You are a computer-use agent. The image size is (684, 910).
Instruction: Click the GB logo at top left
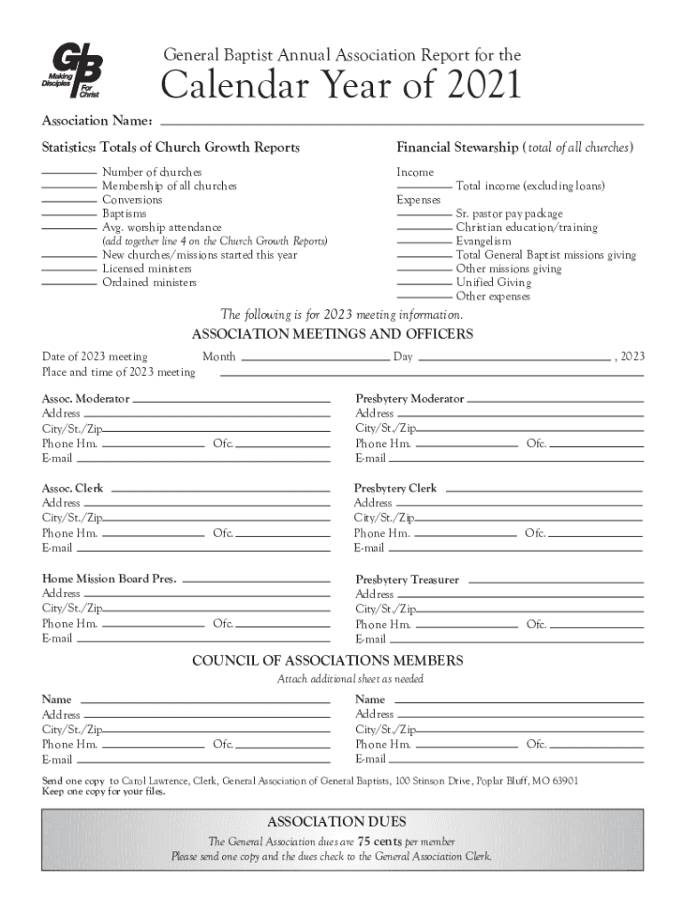click(x=73, y=73)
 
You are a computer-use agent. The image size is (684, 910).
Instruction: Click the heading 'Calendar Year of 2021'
click(x=339, y=87)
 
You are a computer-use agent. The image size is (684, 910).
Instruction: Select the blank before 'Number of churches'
click(x=69, y=172)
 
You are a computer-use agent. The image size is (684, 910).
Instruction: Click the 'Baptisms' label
click(x=124, y=213)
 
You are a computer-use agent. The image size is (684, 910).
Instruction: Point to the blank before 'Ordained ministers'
click(x=69, y=283)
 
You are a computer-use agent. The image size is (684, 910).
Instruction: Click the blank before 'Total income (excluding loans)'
click(x=424, y=187)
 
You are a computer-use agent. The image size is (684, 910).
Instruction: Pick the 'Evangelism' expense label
click(x=483, y=241)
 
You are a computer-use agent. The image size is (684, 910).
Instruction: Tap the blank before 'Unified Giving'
click(x=424, y=283)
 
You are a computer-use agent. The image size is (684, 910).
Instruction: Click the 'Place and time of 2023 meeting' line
click(x=431, y=374)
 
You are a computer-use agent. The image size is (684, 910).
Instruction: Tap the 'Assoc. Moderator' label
click(x=85, y=399)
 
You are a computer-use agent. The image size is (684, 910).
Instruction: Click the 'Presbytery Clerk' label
click(x=395, y=489)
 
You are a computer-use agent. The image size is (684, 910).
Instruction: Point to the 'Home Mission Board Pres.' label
click(x=109, y=579)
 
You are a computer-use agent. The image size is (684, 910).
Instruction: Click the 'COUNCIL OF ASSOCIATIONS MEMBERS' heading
click(x=328, y=661)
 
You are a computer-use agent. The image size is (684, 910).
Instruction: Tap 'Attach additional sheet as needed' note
click(x=350, y=679)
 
